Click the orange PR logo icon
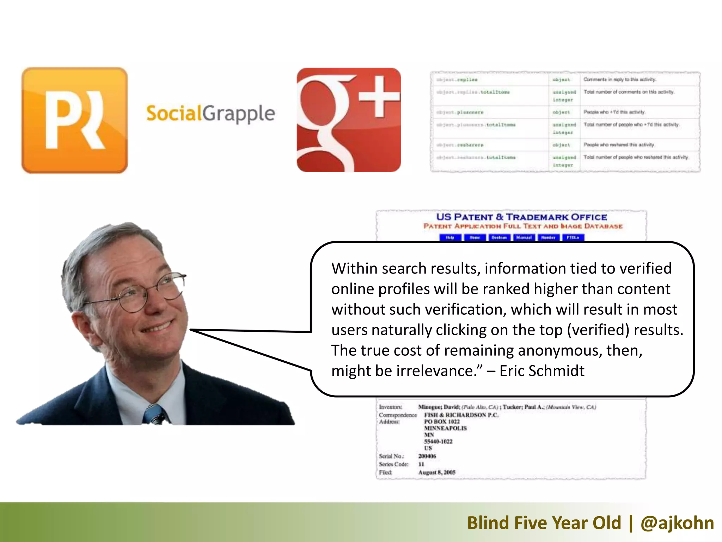pos(74,120)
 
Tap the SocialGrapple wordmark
pos(210,114)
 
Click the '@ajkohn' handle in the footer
pos(677,523)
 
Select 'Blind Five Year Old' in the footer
pos(544,523)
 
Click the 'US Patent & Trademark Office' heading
pos(521,217)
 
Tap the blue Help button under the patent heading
pos(450,237)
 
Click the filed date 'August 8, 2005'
pos(437,472)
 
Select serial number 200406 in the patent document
pos(427,456)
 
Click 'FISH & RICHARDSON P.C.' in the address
pos(461,415)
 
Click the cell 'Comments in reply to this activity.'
pos(619,79)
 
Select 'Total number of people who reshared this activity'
pos(636,157)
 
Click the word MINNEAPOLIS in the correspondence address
pos(445,428)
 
